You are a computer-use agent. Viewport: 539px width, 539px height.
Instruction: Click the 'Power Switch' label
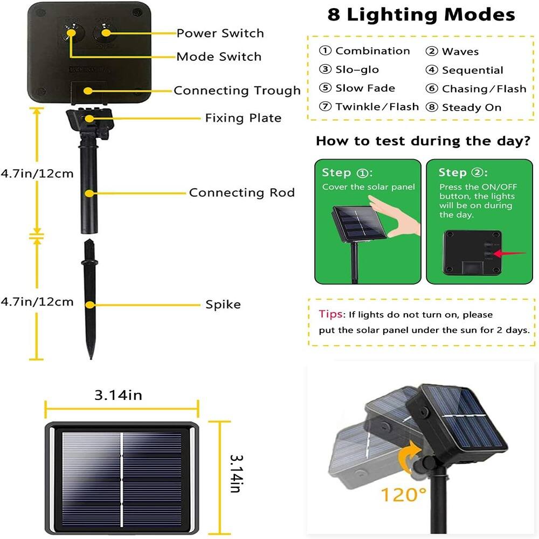point(220,33)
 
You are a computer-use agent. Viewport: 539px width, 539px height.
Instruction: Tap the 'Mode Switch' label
point(219,57)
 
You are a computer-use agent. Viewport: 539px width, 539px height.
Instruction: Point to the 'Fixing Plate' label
point(243,118)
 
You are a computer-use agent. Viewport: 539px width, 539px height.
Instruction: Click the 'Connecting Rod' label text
point(242,192)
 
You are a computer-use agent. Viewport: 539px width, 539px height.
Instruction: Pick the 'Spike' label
point(223,305)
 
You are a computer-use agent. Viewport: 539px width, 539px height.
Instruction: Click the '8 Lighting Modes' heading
point(421,15)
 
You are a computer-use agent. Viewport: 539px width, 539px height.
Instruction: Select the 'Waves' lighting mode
point(460,52)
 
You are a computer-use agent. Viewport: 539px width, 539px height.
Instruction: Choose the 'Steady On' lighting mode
point(471,107)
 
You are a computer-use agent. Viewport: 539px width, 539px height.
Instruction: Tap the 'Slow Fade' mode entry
point(365,88)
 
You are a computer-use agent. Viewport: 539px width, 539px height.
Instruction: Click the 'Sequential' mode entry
point(472,70)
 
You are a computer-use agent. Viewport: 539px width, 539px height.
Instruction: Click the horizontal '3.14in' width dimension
point(118,395)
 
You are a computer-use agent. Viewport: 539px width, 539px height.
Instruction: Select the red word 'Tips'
point(330,314)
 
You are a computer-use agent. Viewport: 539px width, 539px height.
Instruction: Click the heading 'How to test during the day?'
point(423,141)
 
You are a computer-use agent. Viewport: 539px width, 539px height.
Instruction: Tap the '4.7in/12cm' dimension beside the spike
point(37,301)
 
